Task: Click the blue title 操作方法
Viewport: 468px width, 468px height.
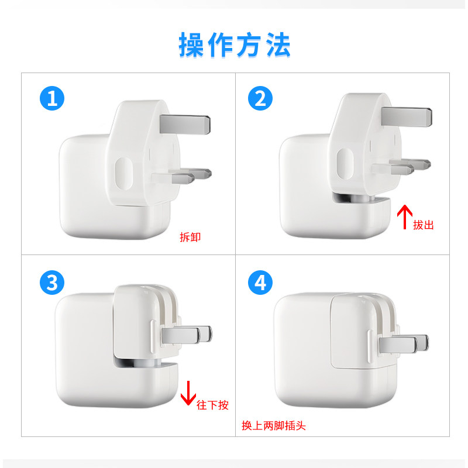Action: click(235, 45)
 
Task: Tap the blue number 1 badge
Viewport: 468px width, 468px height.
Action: click(52, 98)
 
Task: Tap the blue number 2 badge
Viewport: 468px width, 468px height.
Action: click(260, 98)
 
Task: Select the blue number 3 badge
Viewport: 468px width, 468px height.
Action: click(52, 283)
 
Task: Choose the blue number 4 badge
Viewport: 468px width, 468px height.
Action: click(260, 283)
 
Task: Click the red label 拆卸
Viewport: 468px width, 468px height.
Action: click(190, 238)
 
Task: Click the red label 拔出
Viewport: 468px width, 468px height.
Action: click(423, 225)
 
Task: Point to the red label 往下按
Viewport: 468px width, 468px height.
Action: click(212, 404)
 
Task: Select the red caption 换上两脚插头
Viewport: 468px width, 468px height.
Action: click(273, 426)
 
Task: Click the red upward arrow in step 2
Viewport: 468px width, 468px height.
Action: click(404, 216)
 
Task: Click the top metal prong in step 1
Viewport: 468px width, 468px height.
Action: click(185, 122)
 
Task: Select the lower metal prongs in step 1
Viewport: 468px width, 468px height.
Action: click(183, 175)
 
